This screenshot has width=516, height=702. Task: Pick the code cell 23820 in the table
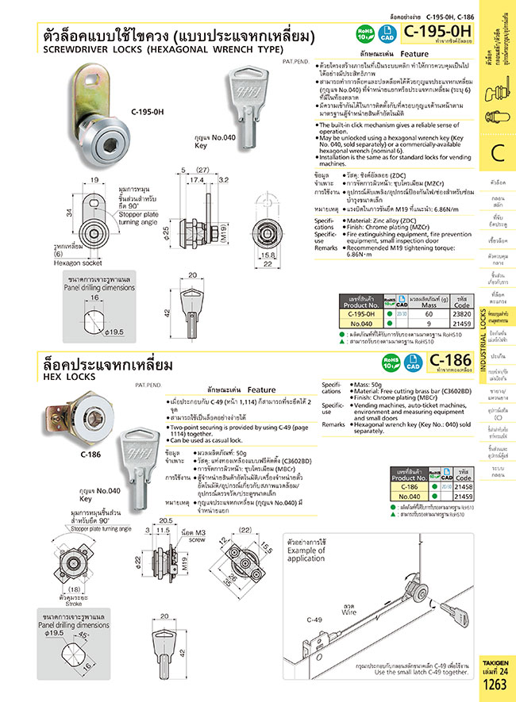460,314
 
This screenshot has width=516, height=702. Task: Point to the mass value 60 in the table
428,314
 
